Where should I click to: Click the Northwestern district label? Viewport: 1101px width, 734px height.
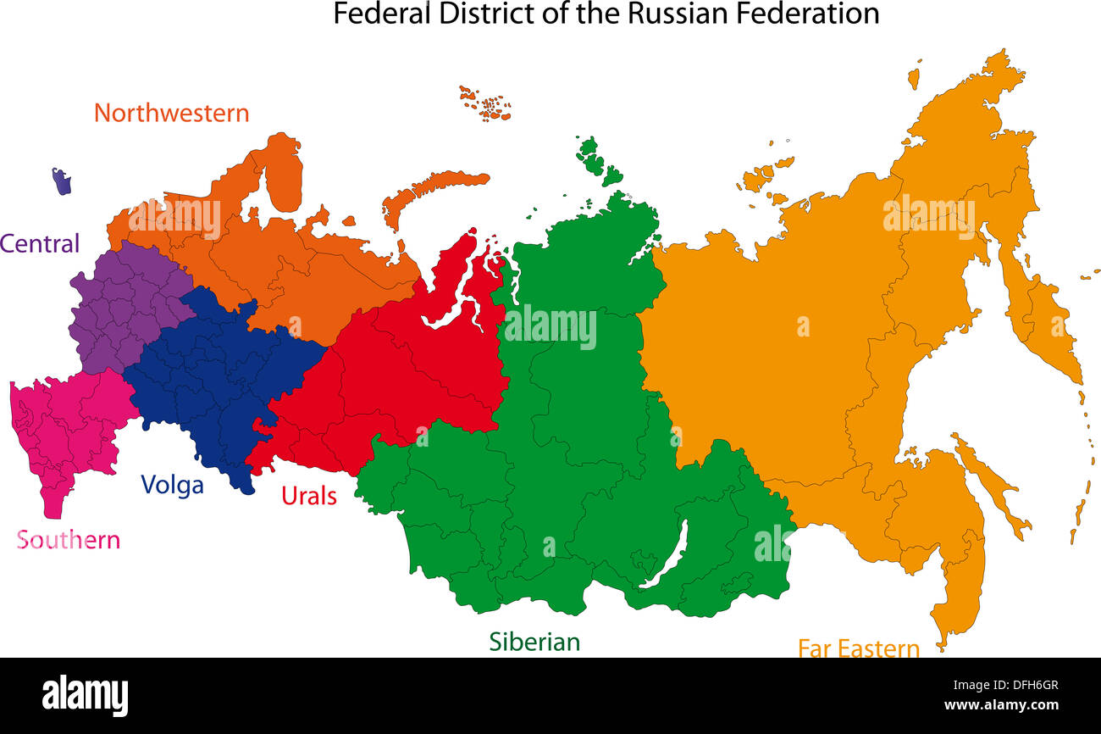point(171,113)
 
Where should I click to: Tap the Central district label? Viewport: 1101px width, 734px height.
point(40,244)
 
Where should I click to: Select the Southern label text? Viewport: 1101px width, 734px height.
point(69,540)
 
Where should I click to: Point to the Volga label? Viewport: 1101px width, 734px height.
point(172,485)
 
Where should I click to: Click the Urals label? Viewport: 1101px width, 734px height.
point(308,496)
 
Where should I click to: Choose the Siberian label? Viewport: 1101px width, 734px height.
point(534,642)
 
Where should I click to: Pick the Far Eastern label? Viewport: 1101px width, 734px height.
point(858,648)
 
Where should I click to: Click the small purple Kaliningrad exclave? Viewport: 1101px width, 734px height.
point(61,181)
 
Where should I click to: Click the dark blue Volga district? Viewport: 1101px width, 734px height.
point(212,373)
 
